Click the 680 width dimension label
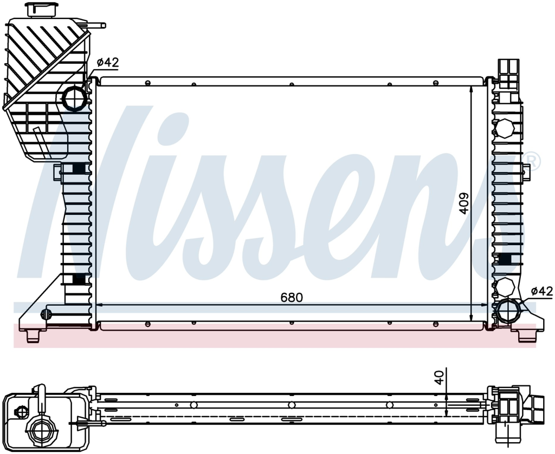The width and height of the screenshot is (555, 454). click(x=292, y=298)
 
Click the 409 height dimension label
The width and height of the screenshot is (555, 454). click(x=464, y=202)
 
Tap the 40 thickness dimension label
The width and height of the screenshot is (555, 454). click(x=439, y=378)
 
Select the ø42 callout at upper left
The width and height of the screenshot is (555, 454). click(x=108, y=63)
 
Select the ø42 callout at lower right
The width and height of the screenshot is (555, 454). click(x=541, y=291)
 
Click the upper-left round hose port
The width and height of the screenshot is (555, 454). click(x=75, y=98)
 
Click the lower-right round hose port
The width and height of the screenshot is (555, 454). click(x=508, y=311)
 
